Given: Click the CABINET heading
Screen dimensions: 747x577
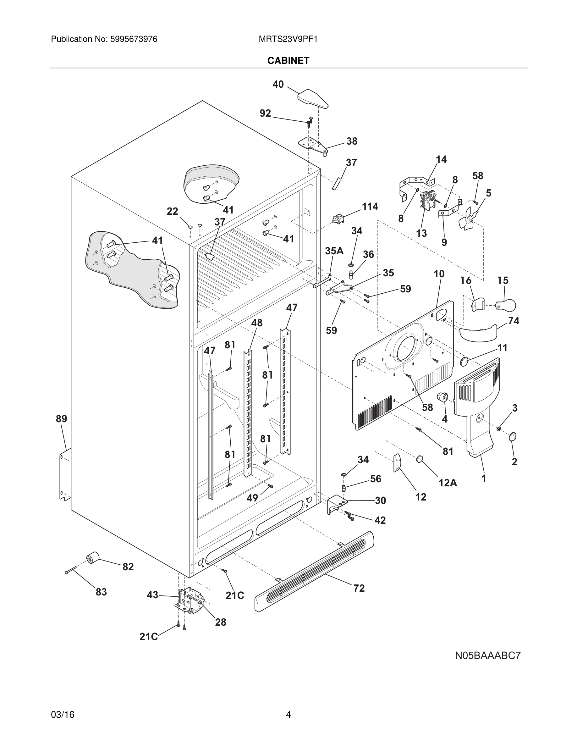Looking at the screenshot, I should (288, 61).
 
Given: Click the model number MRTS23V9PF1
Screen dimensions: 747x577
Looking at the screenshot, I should (288, 39).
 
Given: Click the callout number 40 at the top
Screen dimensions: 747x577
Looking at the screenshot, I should (278, 84).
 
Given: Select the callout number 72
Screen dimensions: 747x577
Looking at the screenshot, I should (359, 588).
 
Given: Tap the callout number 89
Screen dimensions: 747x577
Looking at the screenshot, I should (62, 419).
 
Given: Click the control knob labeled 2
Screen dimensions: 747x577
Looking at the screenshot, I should (513, 437).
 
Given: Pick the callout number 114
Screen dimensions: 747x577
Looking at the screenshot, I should (370, 207).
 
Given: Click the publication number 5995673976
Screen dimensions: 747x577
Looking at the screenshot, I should (133, 39).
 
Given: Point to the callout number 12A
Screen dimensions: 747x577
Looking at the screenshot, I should (448, 483).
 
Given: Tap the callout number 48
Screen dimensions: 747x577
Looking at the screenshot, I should (257, 323).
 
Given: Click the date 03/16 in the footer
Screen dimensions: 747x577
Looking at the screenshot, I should (63, 715).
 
